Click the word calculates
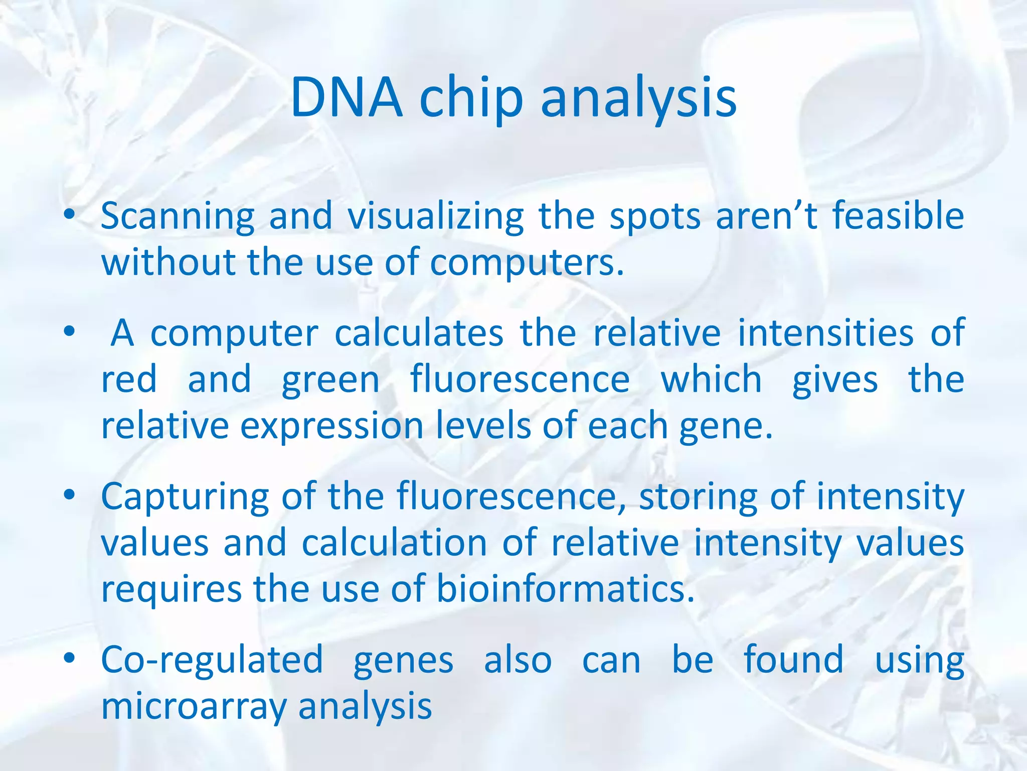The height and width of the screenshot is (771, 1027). (419, 333)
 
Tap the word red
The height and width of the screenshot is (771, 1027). (129, 380)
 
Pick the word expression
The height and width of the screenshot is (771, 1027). (332, 427)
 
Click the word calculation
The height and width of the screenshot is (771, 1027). (394, 544)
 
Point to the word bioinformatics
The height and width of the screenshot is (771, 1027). (565, 589)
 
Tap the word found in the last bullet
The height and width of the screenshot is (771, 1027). (793, 660)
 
